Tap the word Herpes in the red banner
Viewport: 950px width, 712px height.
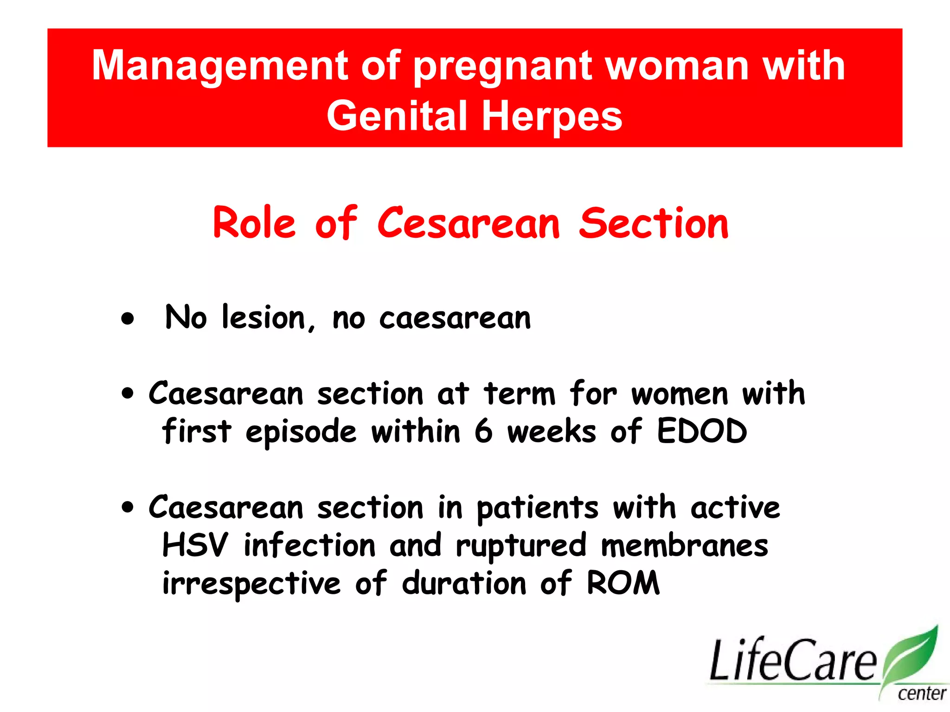point(552,116)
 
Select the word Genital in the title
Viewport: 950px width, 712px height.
point(397,116)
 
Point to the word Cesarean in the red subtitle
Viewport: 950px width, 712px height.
point(469,223)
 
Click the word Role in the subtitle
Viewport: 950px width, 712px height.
point(254,223)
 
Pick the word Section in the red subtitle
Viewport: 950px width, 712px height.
point(654,223)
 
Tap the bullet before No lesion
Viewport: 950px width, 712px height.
point(128,319)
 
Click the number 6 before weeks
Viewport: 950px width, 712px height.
point(483,431)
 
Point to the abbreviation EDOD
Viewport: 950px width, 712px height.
point(701,431)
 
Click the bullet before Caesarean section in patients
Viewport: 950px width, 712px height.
point(128,507)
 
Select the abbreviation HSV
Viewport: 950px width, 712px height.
point(195,545)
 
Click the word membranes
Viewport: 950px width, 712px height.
point(684,545)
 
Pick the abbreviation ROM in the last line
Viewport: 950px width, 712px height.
point(623,583)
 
